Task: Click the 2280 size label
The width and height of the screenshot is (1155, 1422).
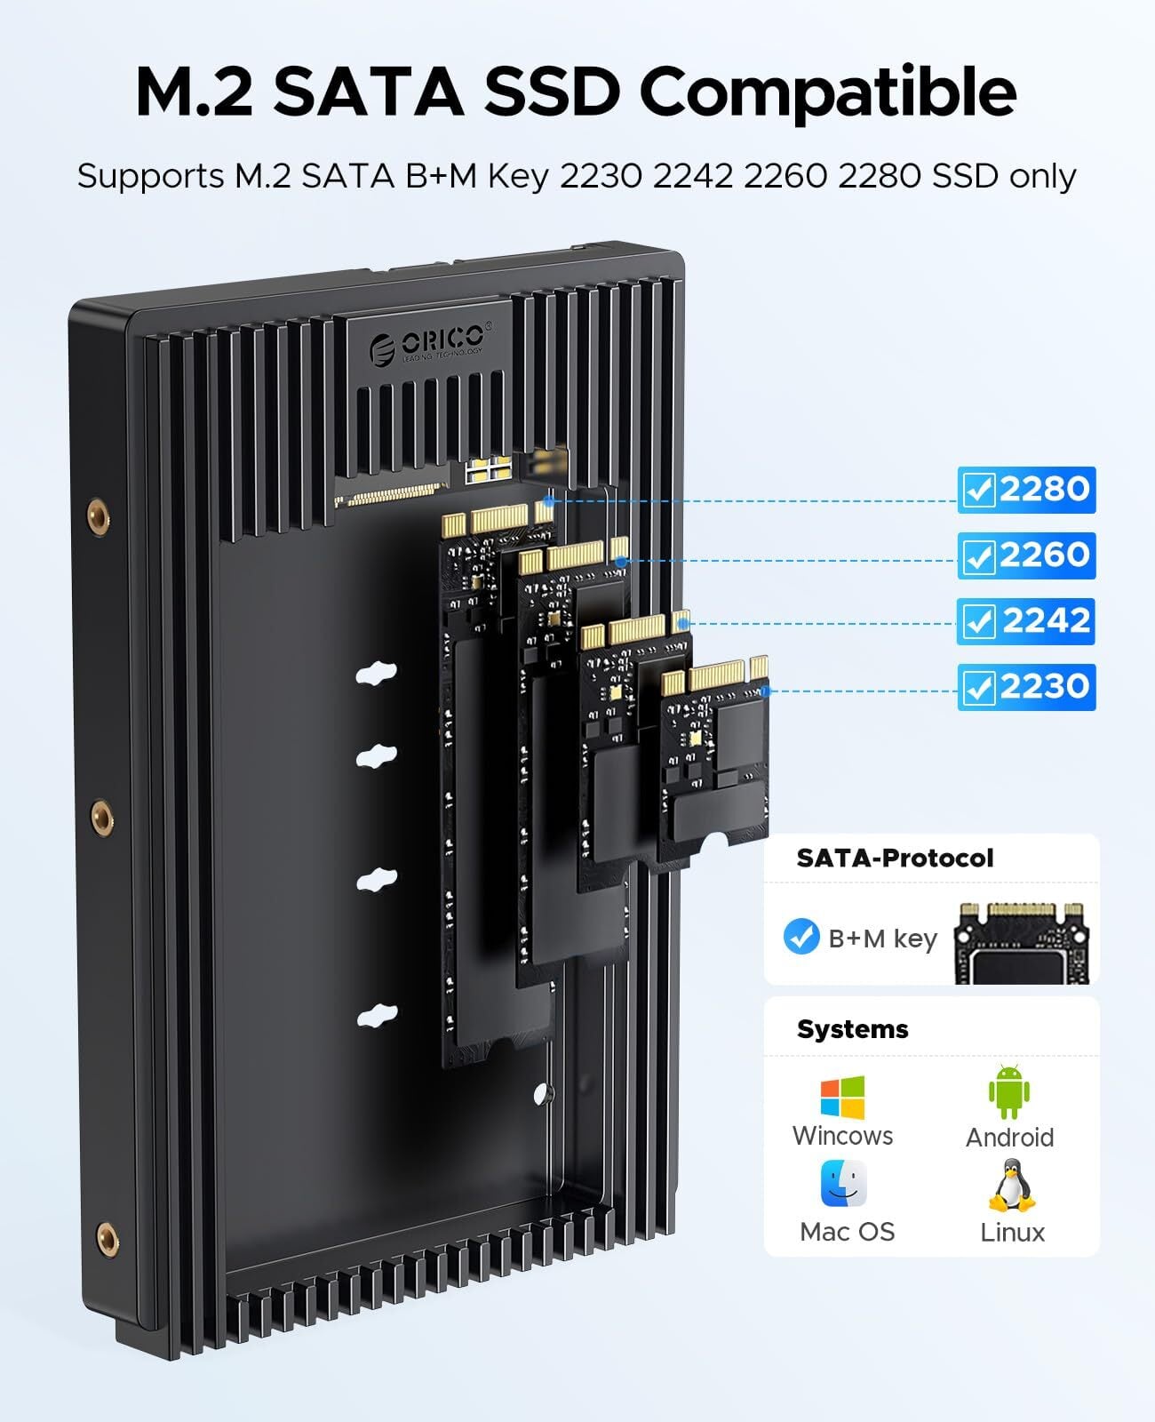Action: [x=1026, y=490]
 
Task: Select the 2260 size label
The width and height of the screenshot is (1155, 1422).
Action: [x=1026, y=555]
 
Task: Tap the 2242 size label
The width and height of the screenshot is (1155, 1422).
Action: [x=1025, y=621]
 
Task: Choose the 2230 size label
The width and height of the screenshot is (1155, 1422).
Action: [x=1026, y=687]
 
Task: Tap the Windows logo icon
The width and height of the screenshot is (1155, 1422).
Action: [x=843, y=1098]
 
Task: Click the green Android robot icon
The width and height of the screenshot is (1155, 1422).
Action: [x=1009, y=1092]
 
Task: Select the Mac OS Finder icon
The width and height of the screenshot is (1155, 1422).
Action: [x=843, y=1184]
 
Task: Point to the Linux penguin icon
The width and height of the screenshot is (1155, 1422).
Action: [x=1012, y=1186]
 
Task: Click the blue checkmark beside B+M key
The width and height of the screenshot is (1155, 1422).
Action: [x=801, y=937]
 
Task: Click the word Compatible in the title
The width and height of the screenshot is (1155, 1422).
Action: [x=828, y=93]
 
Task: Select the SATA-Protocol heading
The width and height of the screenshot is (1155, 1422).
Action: [x=895, y=858]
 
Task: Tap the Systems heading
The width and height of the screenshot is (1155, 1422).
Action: [x=852, y=1029]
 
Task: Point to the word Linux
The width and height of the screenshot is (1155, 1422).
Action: [x=1012, y=1233]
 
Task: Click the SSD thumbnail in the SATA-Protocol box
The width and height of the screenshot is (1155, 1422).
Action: [x=1022, y=943]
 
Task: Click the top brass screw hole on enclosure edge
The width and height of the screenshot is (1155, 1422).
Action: [x=99, y=516]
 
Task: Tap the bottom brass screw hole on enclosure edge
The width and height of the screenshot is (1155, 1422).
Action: [x=108, y=1240]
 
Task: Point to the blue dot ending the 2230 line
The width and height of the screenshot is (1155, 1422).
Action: [x=765, y=691]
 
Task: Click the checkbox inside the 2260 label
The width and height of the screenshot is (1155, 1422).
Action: [x=979, y=556]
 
